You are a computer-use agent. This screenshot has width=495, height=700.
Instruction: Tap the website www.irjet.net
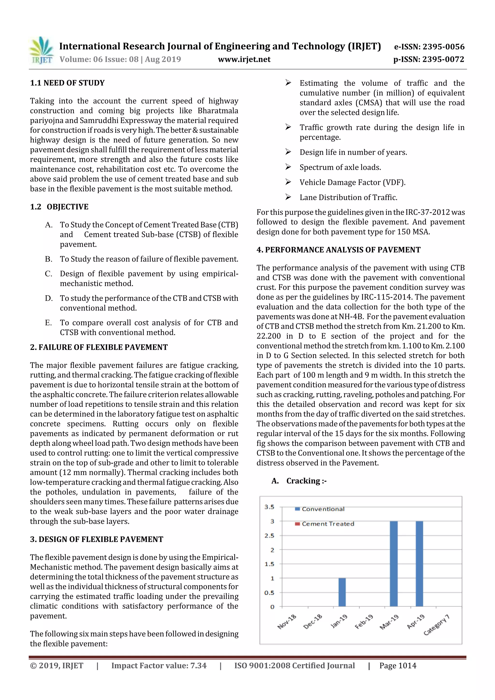(244, 59)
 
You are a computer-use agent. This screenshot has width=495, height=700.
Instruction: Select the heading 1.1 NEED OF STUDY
(67, 83)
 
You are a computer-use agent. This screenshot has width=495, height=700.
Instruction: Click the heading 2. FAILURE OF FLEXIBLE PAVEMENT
(99, 347)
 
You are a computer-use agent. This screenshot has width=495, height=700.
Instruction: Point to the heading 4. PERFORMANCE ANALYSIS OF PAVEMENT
(338, 250)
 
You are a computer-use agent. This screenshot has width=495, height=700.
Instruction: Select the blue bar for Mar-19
(393, 564)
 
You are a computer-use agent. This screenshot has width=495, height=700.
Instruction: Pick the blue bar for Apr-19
(419, 564)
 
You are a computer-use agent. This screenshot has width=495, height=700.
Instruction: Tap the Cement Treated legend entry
(325, 524)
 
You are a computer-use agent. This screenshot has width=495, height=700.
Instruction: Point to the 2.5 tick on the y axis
(269, 536)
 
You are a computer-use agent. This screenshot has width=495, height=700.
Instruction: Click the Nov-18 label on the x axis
(287, 622)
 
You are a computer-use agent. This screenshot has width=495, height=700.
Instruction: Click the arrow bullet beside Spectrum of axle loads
(288, 167)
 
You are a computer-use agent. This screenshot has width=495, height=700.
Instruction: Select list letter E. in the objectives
(49, 323)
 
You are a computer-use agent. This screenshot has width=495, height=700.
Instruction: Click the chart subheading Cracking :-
(306, 481)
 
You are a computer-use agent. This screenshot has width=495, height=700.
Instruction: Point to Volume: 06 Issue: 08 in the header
(99, 59)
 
